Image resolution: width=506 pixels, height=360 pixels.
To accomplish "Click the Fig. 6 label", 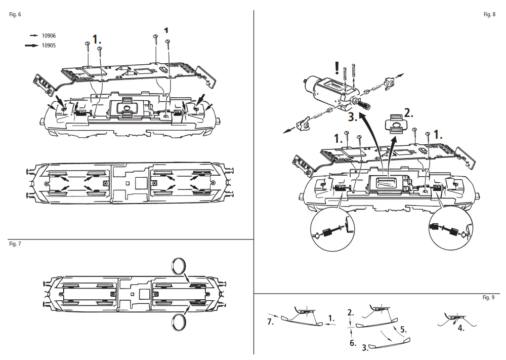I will coord(15,14).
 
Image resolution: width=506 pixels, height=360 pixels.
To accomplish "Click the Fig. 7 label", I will coord(15,244).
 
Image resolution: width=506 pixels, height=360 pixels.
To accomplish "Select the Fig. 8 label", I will coord(489,14).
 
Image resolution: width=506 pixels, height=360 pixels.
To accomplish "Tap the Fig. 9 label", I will coord(488,298).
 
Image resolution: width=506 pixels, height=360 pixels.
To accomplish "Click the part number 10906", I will coord(49,36).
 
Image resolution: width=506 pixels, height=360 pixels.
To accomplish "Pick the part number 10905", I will coord(49,46).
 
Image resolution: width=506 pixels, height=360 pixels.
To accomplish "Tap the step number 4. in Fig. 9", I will coord(461,328).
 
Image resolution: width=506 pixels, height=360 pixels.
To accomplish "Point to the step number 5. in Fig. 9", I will coord(403,329).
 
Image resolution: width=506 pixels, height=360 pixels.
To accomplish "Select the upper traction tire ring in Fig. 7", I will coord(179,265).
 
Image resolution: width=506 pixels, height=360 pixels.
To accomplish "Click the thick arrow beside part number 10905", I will coord(34,46).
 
